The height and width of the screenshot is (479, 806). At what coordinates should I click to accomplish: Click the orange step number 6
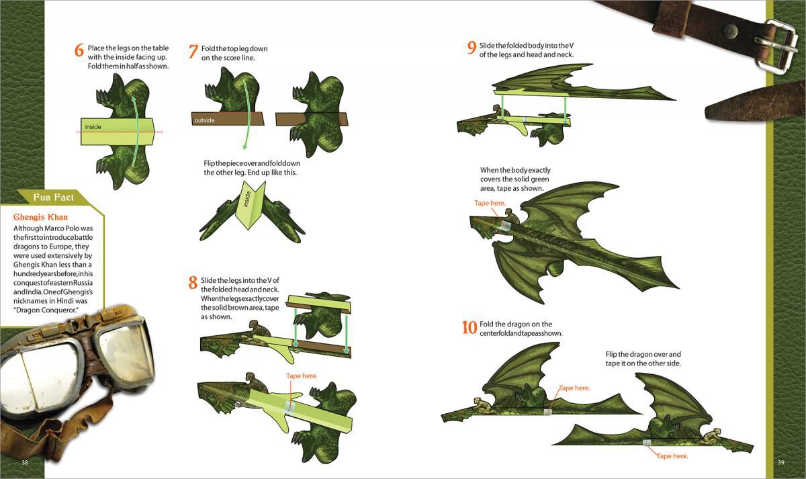79,50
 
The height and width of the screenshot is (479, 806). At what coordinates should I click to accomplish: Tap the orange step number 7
193,52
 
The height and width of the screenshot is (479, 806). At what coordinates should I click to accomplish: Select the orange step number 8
193,283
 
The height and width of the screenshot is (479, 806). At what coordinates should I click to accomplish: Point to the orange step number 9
472,48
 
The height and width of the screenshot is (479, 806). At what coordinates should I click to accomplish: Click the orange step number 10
469,327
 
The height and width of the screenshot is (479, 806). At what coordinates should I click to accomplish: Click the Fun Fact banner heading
54,197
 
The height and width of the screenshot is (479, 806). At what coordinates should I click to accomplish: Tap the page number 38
25,462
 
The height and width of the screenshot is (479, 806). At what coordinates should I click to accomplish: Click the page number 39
781,462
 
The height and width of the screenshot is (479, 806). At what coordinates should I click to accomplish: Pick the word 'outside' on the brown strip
204,120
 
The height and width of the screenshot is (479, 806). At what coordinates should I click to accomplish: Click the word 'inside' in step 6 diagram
93,126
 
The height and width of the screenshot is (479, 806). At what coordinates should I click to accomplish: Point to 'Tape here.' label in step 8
302,376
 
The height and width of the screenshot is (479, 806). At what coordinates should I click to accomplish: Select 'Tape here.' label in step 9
490,202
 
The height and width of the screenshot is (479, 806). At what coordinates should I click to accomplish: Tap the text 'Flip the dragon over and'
643,354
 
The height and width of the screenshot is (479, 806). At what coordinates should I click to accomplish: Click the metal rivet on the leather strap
729,30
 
